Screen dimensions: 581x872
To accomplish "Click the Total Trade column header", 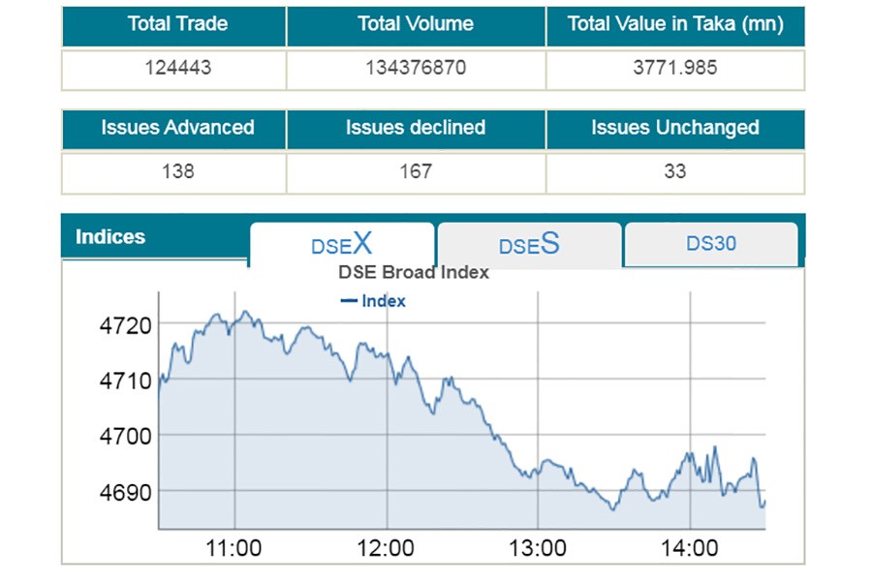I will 177,24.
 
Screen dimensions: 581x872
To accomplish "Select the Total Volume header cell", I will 416,24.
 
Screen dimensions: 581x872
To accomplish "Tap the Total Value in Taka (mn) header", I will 675,24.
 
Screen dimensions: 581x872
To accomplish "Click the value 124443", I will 177,70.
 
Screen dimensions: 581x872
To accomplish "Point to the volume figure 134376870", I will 416,70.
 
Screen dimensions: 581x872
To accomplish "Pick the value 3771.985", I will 675,70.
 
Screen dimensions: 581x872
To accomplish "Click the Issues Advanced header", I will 177,128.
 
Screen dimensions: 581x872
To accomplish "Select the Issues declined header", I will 416,128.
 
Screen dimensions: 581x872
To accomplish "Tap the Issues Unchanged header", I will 675,128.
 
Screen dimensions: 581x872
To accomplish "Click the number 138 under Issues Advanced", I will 177,172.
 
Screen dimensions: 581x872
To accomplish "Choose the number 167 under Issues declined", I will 416,172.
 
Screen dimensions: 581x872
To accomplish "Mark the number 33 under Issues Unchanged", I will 675,172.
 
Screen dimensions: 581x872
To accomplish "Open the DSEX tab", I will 341,244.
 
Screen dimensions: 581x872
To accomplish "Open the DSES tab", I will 529,244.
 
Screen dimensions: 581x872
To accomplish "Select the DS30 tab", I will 711,243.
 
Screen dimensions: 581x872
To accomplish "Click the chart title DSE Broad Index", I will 413,272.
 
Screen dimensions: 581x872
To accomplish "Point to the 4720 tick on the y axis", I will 126,324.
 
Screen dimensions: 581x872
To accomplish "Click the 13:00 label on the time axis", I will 538,549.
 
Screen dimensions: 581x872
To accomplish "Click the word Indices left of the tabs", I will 110,237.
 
